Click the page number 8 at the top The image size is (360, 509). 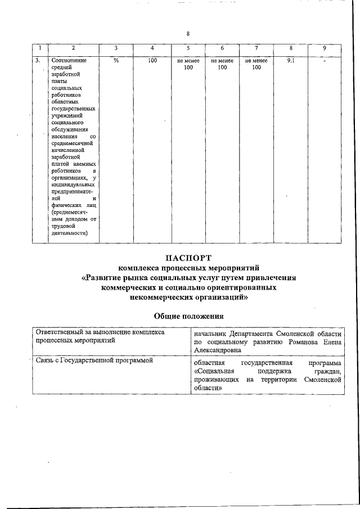[188, 34]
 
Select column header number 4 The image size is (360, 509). [152, 48]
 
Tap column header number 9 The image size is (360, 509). [325, 48]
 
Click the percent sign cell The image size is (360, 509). [116, 60]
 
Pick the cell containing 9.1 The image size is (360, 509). [291, 60]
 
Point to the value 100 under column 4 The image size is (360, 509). [152, 60]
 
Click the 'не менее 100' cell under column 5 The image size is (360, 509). [188, 64]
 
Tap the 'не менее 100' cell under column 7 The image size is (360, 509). [256, 64]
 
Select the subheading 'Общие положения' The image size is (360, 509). [189, 316]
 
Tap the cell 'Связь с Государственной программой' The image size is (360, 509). [94, 361]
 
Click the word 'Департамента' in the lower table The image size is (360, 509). [261, 332]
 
